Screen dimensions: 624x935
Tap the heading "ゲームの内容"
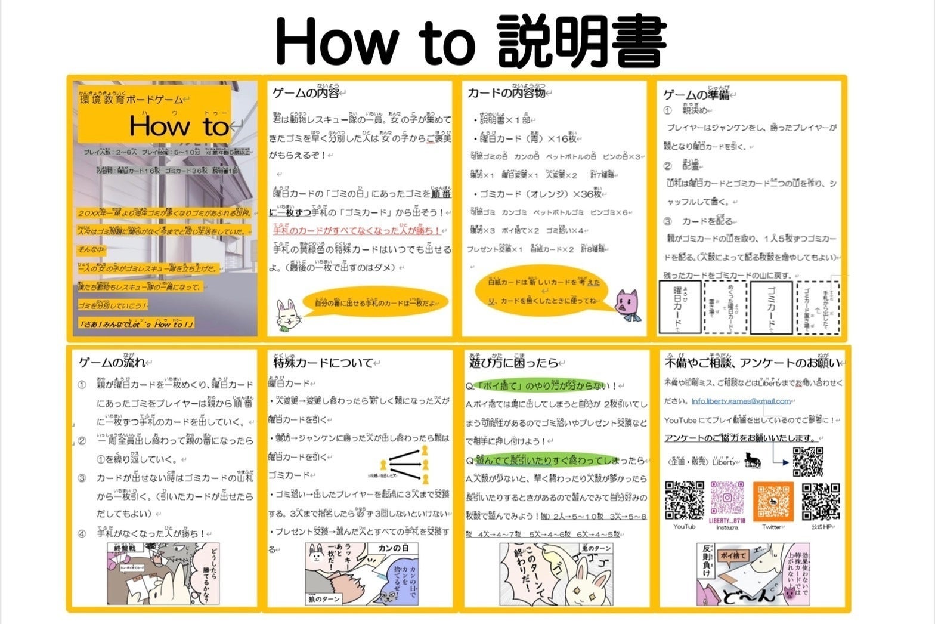tap(306, 93)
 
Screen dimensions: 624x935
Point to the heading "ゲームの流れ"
tap(112, 362)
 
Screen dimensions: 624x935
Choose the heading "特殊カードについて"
tap(323, 363)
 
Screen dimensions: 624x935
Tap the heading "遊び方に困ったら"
tap(513, 362)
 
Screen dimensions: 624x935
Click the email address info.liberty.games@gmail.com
tap(741, 401)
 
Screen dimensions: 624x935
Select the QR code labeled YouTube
tap(684, 501)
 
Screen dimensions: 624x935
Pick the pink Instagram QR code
tap(727, 499)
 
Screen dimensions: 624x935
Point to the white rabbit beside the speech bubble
tap(289, 314)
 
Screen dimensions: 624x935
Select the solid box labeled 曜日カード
tap(679, 307)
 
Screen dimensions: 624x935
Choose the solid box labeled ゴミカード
tap(771, 307)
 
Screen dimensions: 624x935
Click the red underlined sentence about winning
tap(356, 230)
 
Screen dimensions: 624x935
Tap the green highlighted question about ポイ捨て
tap(540, 385)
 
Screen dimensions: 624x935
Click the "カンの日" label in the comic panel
tap(392, 548)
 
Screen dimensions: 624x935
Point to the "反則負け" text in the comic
tap(707, 561)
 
